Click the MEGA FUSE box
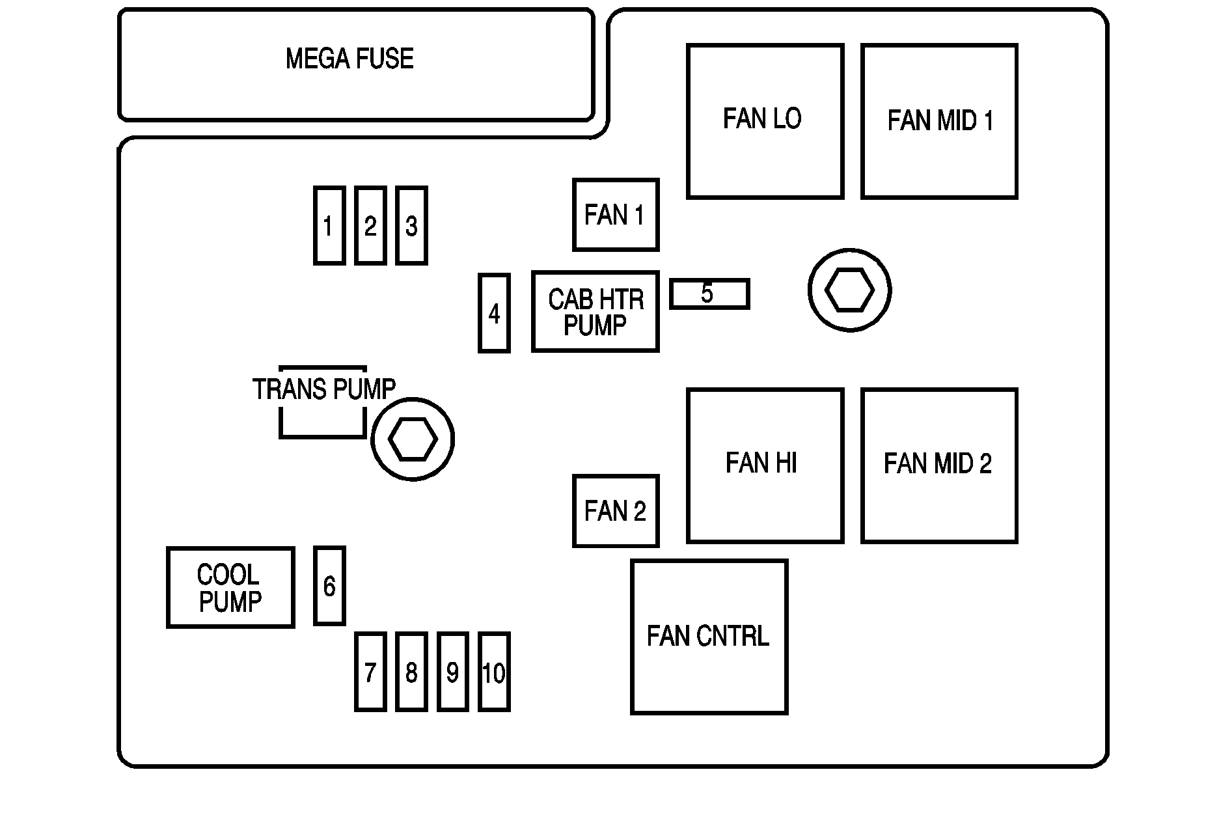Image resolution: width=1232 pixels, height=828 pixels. click(x=355, y=64)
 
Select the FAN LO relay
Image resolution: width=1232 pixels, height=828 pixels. click(x=765, y=121)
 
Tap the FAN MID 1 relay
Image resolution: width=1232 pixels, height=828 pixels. click(x=939, y=121)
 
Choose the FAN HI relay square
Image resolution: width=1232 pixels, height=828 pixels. click(x=765, y=465)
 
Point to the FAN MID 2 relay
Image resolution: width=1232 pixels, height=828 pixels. click(x=939, y=465)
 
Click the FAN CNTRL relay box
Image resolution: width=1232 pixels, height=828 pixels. click(x=709, y=637)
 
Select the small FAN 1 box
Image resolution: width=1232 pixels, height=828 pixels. click(x=616, y=215)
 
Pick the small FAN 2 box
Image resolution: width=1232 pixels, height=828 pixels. click(x=616, y=511)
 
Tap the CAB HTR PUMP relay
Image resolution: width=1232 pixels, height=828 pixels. click(x=595, y=312)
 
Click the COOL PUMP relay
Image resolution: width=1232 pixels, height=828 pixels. click(x=230, y=588)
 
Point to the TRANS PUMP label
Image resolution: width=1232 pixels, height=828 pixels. click(x=323, y=390)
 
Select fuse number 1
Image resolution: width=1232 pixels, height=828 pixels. click(x=329, y=226)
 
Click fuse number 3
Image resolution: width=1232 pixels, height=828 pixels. click(x=411, y=226)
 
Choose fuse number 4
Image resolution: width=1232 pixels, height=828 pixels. click(x=494, y=313)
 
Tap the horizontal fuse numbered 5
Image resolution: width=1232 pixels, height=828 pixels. click(x=709, y=294)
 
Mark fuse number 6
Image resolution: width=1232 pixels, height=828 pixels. click(x=329, y=586)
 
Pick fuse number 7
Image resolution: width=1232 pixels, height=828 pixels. click(x=370, y=672)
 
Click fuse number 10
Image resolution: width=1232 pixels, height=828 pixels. click(x=494, y=672)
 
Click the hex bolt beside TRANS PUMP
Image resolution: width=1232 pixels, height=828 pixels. click(x=413, y=439)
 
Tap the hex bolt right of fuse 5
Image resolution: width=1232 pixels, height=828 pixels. click(x=849, y=290)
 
